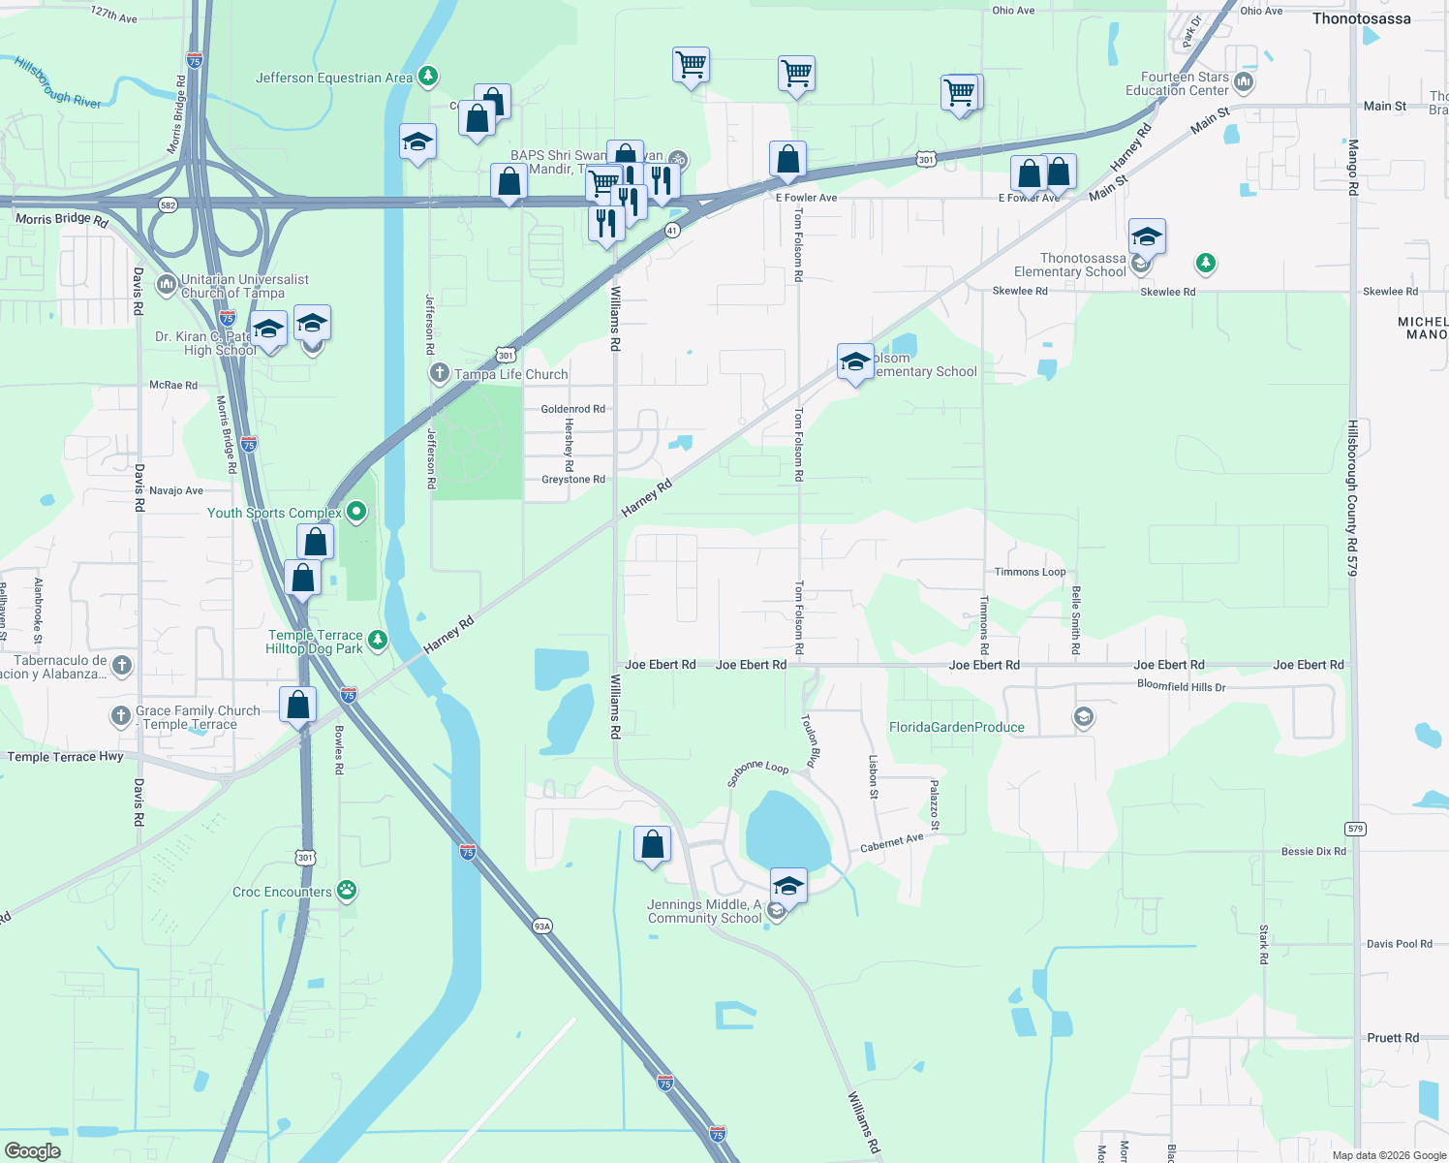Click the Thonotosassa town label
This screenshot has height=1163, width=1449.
pos(1361,18)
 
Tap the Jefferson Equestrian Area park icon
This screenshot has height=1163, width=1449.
pos(427,77)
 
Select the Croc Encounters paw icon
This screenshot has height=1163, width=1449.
pos(347,891)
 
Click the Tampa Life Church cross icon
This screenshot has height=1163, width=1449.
pos(440,373)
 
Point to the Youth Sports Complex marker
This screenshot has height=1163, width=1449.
pos(356,512)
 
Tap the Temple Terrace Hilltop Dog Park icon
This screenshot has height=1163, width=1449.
pos(378,640)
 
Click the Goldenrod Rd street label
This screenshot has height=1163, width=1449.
pos(572,409)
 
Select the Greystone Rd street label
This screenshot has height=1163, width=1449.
pos(572,480)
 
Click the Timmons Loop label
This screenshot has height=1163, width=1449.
pos(1030,572)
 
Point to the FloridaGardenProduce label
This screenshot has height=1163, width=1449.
pos(956,727)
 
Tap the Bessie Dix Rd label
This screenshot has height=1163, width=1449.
pos(1312,852)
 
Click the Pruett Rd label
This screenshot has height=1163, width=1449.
pos(1393,1038)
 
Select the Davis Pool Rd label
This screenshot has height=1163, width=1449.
pos(1399,944)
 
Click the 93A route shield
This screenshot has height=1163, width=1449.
pos(541,927)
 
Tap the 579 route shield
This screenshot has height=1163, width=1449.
pos(1355,829)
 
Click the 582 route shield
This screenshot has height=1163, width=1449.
pos(169,204)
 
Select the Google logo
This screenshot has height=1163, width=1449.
pos(32,1151)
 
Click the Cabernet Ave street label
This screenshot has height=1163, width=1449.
pos(891,843)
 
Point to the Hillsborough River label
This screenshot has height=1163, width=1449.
pos(58,82)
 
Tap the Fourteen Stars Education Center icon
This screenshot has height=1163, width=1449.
pos(1244,83)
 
